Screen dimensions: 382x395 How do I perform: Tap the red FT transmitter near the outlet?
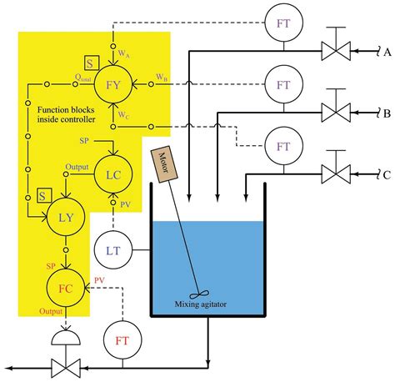coord(121,340)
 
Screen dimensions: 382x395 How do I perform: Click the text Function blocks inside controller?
coord(68,115)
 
